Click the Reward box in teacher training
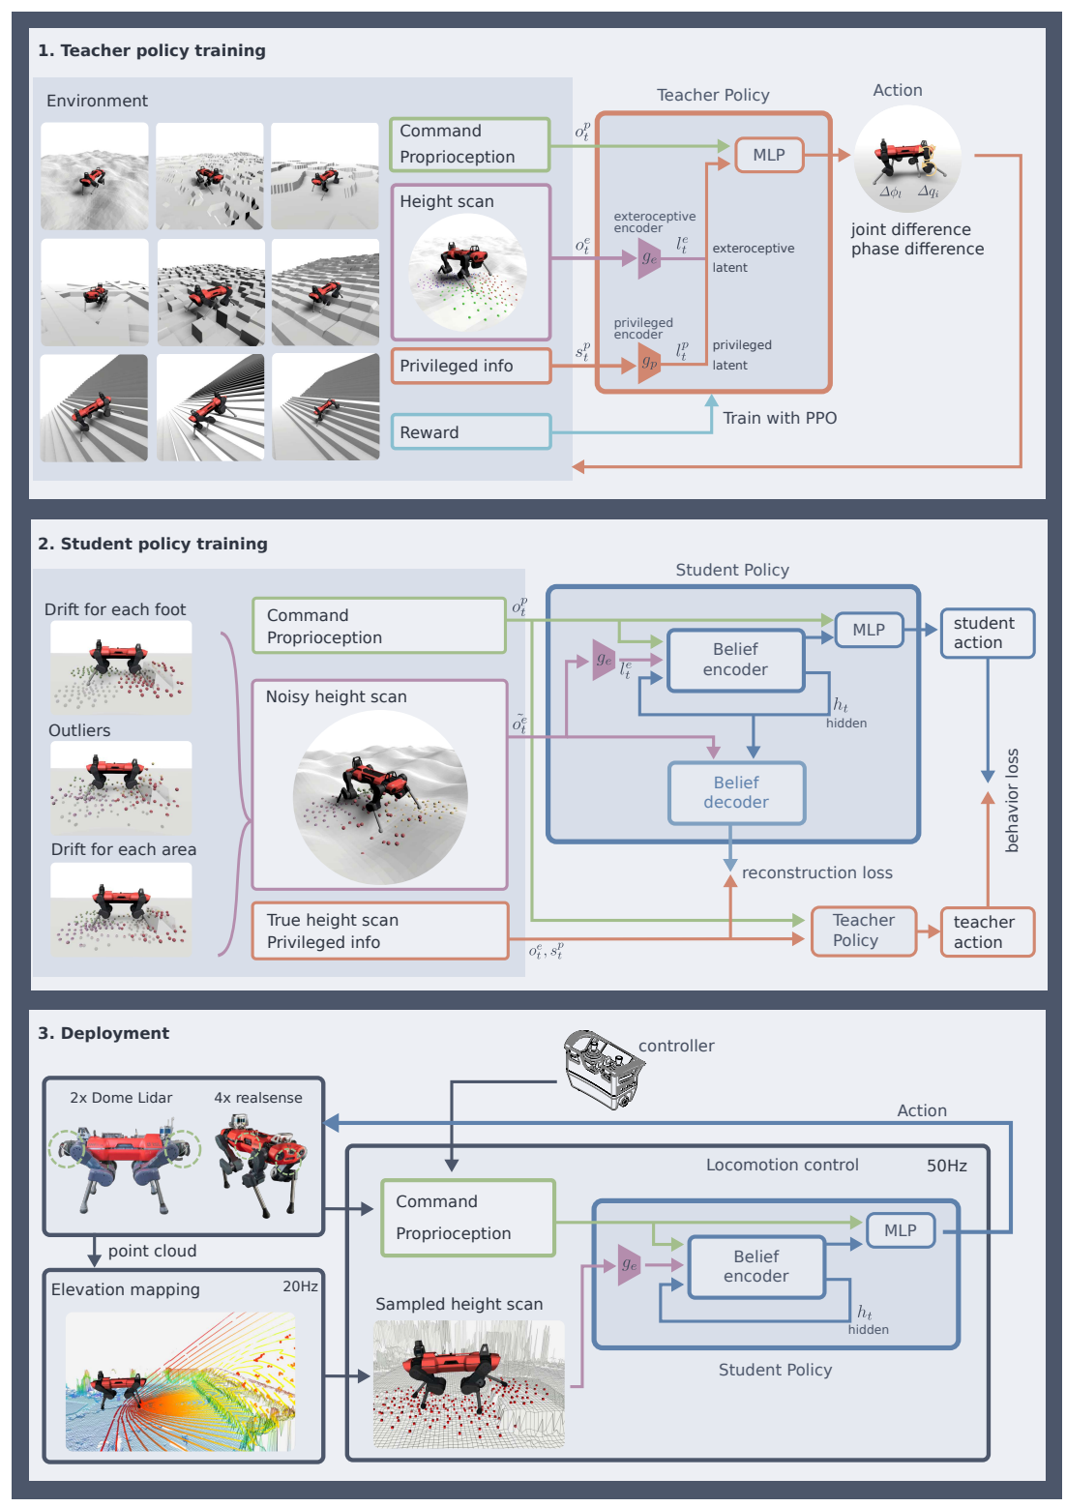point(470,431)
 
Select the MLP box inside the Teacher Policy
point(769,155)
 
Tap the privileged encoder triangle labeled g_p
point(649,364)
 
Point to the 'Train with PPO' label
point(780,418)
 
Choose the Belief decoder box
point(736,792)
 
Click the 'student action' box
point(987,633)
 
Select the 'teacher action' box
point(987,931)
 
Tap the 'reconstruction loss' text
point(816,872)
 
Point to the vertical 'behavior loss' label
point(1012,800)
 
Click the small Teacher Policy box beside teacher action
point(863,931)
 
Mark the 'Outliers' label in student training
point(79,730)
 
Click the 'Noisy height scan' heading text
point(336,696)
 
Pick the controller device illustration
point(604,1068)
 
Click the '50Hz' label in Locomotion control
point(946,1166)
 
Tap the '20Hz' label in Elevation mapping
point(300,1286)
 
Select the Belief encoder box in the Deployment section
point(756,1266)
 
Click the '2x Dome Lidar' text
point(121,1098)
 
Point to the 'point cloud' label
point(152,1251)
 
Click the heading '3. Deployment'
point(104,1033)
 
